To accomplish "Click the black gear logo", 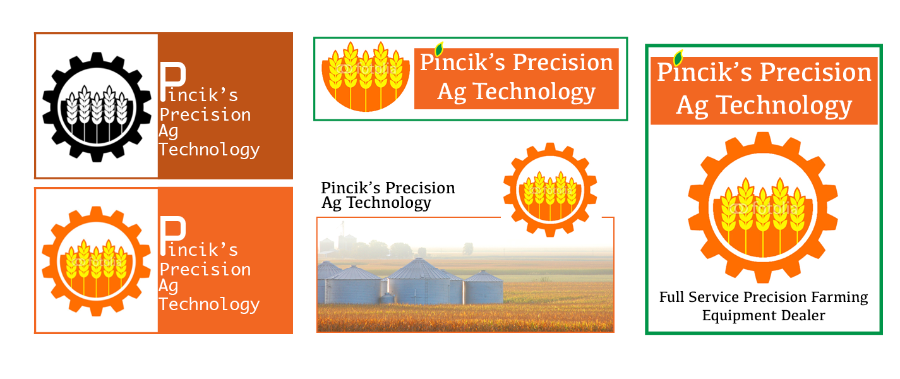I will pyautogui.click(x=97, y=107).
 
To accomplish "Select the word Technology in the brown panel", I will pyautogui.click(x=209, y=150).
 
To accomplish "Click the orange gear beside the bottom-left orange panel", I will pyautogui.click(x=96, y=261).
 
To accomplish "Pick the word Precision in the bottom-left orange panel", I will pyautogui.click(x=205, y=270).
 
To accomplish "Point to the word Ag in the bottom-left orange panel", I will pyautogui.click(x=169, y=286).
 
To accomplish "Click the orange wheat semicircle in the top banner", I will pyautogui.click(x=366, y=78).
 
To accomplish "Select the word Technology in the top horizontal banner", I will pyautogui.click(x=534, y=92).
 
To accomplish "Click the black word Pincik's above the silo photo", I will pyautogui.click(x=349, y=188).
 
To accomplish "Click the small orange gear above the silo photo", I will pyautogui.click(x=549, y=189).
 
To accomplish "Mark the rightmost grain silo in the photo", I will pyautogui.click(x=483, y=288).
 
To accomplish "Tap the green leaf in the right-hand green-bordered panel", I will pyautogui.click(x=678, y=58).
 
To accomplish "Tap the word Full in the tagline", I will pyautogui.click(x=672, y=297).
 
